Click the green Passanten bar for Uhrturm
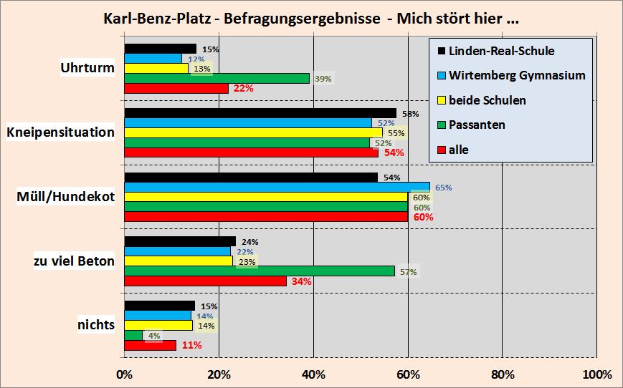(x=217, y=79)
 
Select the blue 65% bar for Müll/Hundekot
(x=277, y=187)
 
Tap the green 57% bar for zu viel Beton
(x=260, y=271)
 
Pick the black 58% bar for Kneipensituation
(x=260, y=113)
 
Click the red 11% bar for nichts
(x=150, y=345)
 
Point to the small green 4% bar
(x=133, y=335)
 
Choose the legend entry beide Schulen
(x=487, y=100)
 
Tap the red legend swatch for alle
(x=441, y=150)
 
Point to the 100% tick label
(x=596, y=374)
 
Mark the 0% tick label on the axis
(x=125, y=374)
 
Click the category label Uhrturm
(x=87, y=68)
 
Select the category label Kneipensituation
(x=60, y=132)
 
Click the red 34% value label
(x=301, y=281)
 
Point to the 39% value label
(x=323, y=79)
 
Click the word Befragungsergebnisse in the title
(x=302, y=19)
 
